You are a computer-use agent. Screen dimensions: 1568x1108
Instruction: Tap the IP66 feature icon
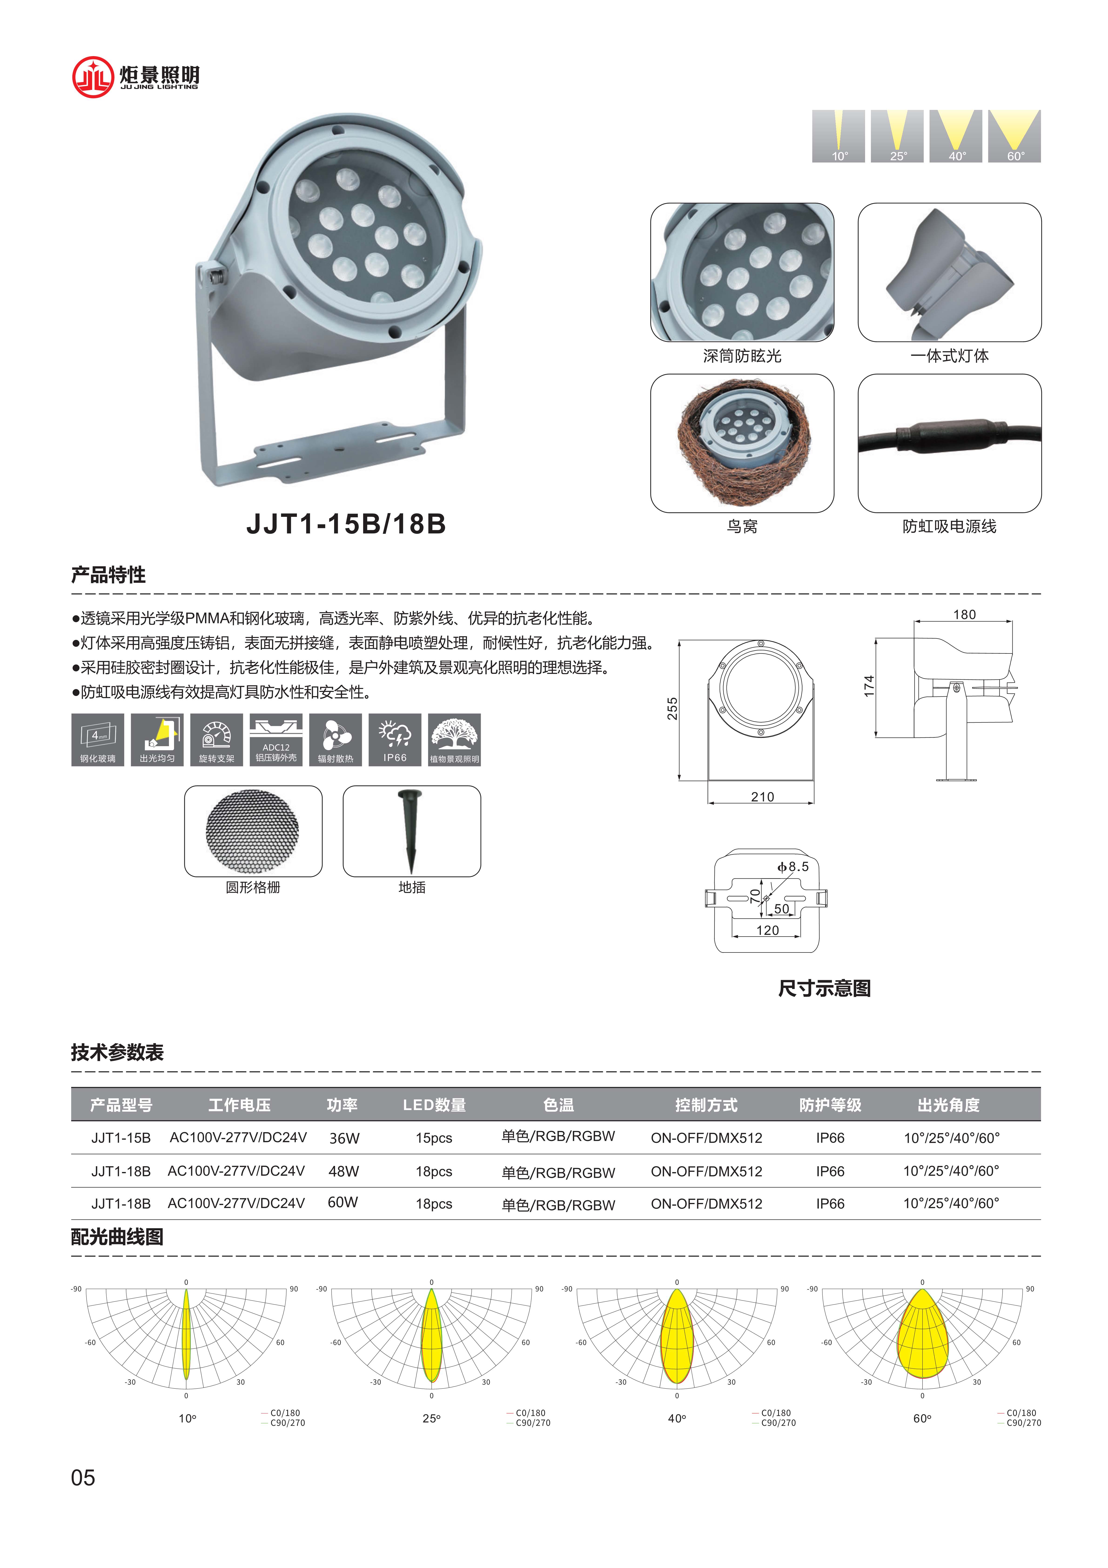click(395, 740)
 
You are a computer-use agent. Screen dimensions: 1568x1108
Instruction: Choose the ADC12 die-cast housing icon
click(276, 740)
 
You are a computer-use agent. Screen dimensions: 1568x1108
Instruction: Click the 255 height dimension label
click(672, 709)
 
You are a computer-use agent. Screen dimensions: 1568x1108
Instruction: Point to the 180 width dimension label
click(964, 615)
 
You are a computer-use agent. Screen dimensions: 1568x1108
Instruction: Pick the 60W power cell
click(343, 1203)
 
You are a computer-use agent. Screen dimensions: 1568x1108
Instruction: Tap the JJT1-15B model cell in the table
click(121, 1138)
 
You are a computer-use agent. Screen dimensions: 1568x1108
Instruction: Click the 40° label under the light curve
click(677, 1419)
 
